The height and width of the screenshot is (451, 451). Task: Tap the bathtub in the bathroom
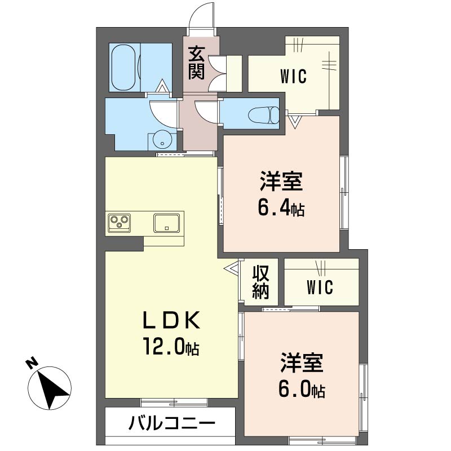tap(123, 67)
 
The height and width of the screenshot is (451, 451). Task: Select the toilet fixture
tap(263, 116)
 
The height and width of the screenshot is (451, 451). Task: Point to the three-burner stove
tap(120, 223)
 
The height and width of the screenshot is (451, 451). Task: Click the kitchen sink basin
tap(166, 223)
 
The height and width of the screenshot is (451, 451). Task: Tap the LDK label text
tap(172, 320)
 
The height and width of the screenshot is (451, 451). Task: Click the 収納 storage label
tap(260, 282)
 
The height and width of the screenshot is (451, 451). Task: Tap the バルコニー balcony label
tap(172, 423)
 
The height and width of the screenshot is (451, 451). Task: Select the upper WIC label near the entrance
tap(293, 76)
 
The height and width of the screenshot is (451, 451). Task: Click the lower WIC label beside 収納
tap(320, 287)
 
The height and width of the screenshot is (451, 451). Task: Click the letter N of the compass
tap(32, 362)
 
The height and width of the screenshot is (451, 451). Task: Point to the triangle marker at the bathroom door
tap(162, 86)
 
